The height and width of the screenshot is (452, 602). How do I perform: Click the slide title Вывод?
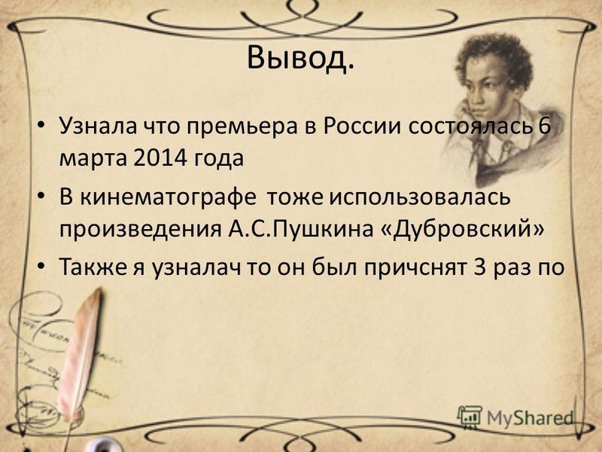point(300,60)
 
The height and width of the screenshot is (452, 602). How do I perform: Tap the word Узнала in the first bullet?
point(98,126)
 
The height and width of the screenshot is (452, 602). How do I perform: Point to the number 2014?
point(160,157)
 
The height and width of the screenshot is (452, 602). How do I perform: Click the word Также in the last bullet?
point(93,267)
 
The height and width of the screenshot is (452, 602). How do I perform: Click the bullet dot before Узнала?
point(41,127)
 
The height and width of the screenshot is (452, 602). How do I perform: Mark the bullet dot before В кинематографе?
point(41,198)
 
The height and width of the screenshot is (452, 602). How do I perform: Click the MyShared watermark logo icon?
point(470,416)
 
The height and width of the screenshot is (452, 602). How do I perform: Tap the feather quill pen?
point(80,357)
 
